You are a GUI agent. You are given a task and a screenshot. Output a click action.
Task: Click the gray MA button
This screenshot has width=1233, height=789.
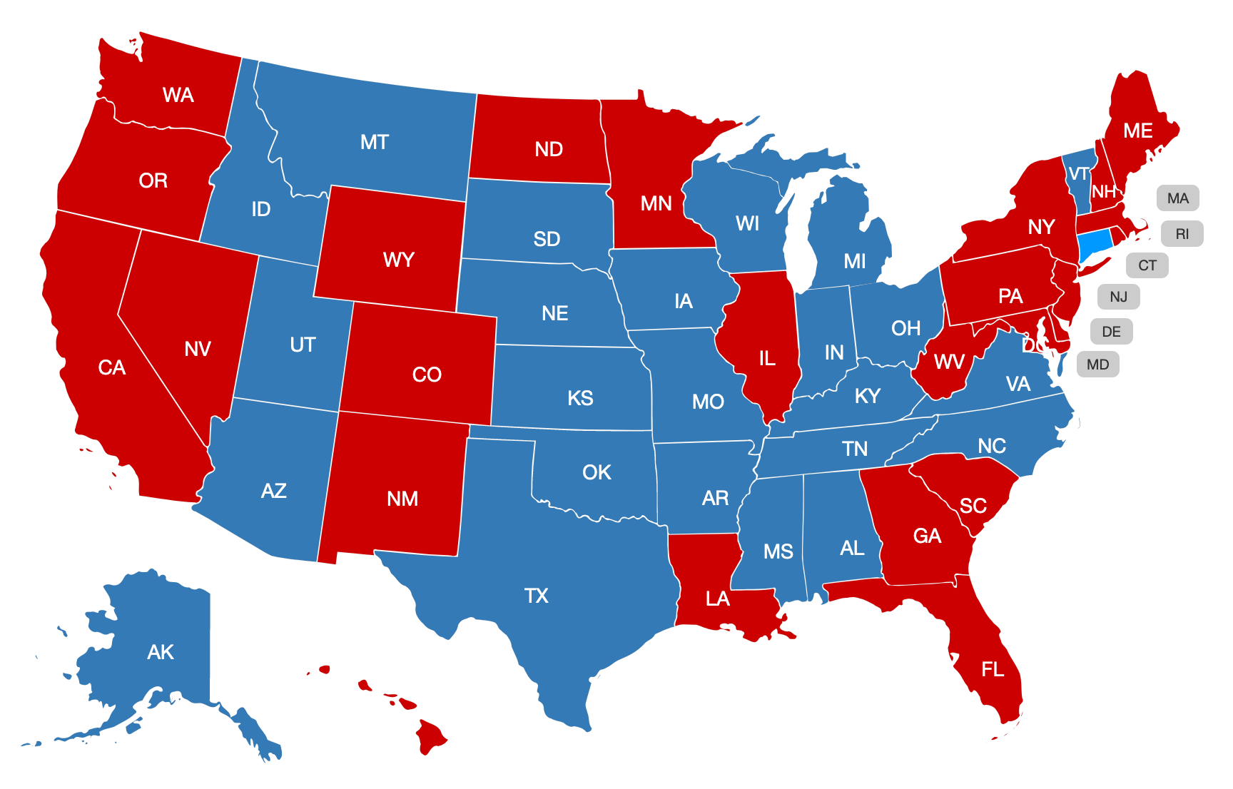pyautogui.click(x=1177, y=198)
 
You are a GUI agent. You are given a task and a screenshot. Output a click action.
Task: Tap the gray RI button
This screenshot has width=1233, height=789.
pyautogui.click(x=1182, y=234)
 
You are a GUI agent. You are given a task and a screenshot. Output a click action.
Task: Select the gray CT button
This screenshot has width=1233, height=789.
pyautogui.click(x=1147, y=265)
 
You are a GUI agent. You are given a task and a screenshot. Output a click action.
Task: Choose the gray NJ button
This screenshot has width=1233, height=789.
pyautogui.click(x=1118, y=297)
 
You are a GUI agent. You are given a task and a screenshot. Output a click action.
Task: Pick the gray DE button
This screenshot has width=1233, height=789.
pyautogui.click(x=1111, y=332)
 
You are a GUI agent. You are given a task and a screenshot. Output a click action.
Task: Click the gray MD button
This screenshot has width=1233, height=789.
pyautogui.click(x=1097, y=365)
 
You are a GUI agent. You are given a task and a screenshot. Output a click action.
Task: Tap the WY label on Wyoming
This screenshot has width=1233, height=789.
pyautogui.click(x=398, y=260)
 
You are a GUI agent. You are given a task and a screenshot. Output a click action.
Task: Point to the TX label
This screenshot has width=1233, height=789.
pyautogui.click(x=536, y=596)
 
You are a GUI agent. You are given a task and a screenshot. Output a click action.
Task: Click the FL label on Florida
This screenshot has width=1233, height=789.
pyautogui.click(x=993, y=669)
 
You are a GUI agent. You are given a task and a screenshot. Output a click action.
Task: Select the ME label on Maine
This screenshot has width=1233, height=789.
pyautogui.click(x=1137, y=131)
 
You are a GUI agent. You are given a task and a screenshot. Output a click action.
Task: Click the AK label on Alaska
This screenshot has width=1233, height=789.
pyautogui.click(x=161, y=652)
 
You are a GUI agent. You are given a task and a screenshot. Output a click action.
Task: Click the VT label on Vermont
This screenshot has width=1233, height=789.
pyautogui.click(x=1078, y=174)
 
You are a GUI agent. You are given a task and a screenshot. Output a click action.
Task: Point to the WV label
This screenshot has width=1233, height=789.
pyautogui.click(x=949, y=362)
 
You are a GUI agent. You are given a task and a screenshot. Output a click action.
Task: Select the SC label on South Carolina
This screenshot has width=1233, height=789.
pyautogui.click(x=973, y=506)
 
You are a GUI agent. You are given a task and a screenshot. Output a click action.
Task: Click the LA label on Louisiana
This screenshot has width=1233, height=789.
pyautogui.click(x=717, y=599)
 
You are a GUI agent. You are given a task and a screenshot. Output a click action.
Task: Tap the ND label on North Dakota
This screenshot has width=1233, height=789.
pyautogui.click(x=549, y=149)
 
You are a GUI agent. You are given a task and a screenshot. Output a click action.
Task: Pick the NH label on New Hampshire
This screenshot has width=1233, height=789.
pyautogui.click(x=1103, y=192)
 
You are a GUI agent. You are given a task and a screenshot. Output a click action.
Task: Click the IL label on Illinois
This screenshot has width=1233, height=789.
pyautogui.click(x=767, y=358)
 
